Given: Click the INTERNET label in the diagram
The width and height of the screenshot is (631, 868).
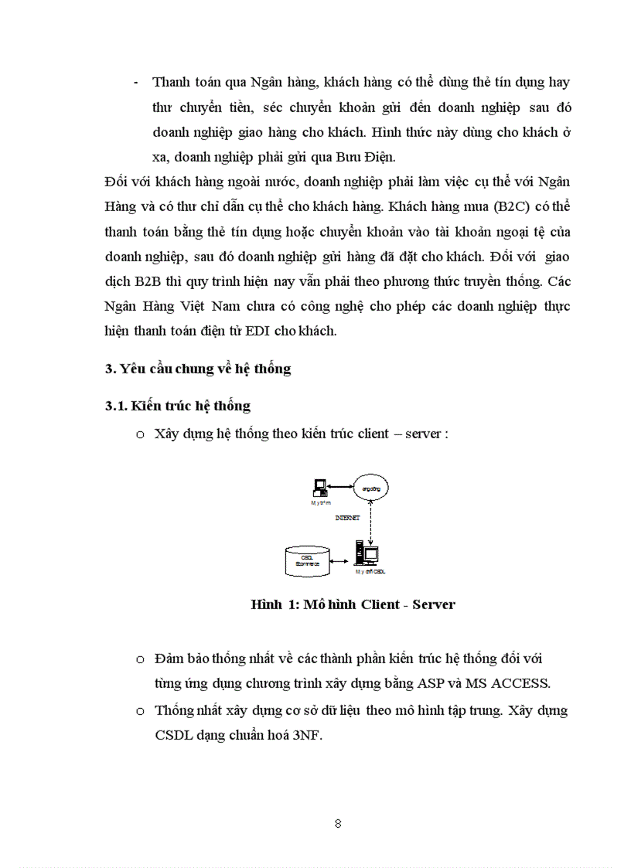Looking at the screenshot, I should tap(346, 518).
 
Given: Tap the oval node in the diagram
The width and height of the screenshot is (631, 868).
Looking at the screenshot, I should tap(370, 488).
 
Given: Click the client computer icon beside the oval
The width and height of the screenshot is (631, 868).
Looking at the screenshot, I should tap(318, 488).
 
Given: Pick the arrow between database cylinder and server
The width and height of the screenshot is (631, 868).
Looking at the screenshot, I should tap(341, 559).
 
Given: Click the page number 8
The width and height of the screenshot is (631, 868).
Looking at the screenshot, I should tap(338, 823).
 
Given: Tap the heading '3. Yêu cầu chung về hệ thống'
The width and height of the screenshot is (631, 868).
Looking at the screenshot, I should tap(198, 369).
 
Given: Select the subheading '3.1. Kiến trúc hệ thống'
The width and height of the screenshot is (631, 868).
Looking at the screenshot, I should tap(178, 405).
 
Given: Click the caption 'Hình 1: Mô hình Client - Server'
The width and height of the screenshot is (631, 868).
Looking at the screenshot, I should tap(353, 604).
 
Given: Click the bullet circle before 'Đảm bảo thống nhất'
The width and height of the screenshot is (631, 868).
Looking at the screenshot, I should tap(140, 659).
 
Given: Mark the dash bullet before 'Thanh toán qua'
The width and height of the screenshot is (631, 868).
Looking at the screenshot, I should tap(136, 82).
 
